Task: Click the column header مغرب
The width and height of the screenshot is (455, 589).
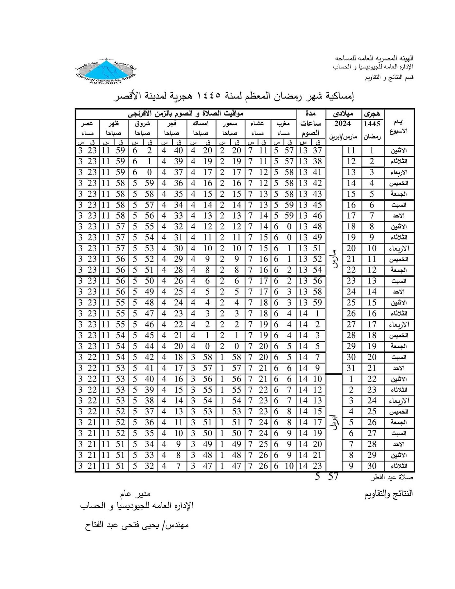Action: point(283,124)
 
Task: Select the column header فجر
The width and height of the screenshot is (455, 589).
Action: point(172,124)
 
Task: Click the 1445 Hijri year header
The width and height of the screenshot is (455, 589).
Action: point(372,124)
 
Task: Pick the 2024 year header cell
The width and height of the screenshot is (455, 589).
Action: point(343,124)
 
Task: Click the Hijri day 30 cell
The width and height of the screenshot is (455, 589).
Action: point(372,466)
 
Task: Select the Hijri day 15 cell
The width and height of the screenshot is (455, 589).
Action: point(372,303)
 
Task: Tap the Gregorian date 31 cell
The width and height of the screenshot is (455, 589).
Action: point(351,368)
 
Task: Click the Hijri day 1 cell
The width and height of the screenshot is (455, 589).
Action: point(372,151)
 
